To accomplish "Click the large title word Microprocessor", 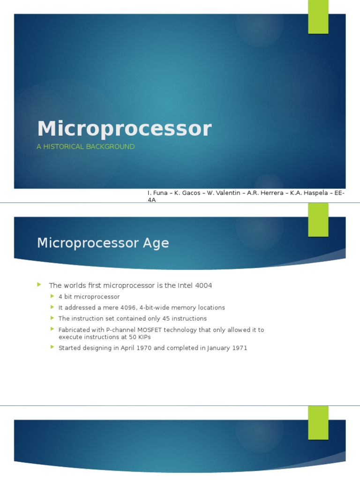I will [x=124, y=129].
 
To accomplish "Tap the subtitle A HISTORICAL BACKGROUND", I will [x=86, y=147].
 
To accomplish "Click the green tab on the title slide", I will [x=318, y=17].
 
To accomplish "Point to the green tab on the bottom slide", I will [x=318, y=423].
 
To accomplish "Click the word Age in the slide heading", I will [x=157, y=243].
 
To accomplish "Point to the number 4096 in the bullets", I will [x=126, y=307].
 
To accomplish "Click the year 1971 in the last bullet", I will [x=239, y=348].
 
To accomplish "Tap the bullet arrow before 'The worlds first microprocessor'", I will [x=40, y=285].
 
